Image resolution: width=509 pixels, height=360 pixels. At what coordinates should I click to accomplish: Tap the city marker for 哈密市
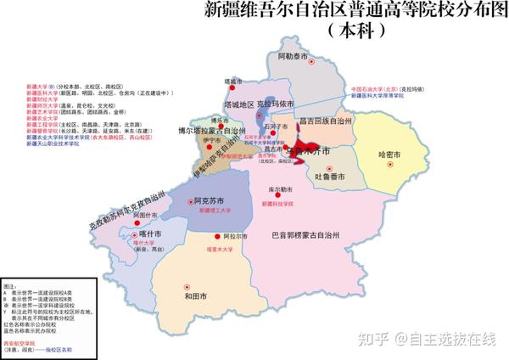pyautogui.click(x=391, y=166)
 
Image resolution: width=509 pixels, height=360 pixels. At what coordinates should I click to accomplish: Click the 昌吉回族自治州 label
pyautogui.click(x=326, y=121)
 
